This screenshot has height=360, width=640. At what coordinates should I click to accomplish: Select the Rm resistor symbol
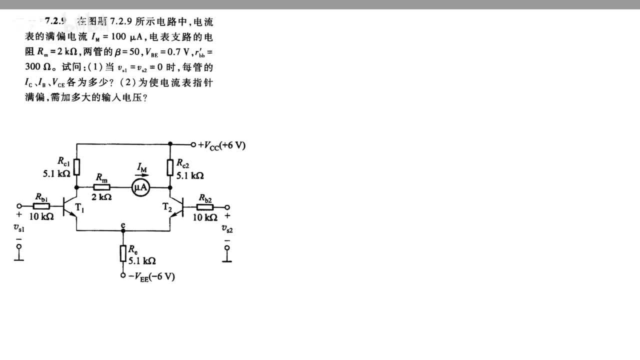pyautogui.click(x=102, y=187)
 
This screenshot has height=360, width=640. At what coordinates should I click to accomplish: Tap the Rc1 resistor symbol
pyautogui.click(x=76, y=166)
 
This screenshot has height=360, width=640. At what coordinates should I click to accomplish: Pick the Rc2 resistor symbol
pyautogui.click(x=170, y=166)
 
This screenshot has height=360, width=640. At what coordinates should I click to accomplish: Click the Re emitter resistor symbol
pyautogui.click(x=123, y=253)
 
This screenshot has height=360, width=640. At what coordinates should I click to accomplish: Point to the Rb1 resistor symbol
pyautogui.click(x=41, y=206)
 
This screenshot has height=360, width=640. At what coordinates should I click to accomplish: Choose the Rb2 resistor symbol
pyautogui.click(x=204, y=207)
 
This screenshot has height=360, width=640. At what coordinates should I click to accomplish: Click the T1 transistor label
pyautogui.click(x=79, y=209)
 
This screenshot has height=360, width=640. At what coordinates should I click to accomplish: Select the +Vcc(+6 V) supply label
pyautogui.click(x=221, y=145)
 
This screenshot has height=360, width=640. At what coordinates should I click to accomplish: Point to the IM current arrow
pyautogui.click(x=142, y=175)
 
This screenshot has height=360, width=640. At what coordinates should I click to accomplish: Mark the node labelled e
pyautogui.click(x=123, y=225)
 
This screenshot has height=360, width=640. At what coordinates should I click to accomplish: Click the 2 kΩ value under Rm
pyautogui.click(x=101, y=197)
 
